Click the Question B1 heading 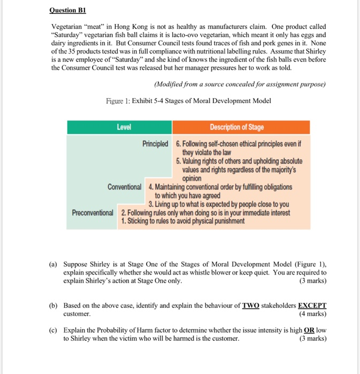point(67,10)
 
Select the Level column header point(124,127)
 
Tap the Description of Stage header point(236,127)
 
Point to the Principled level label point(155,144)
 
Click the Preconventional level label point(93,213)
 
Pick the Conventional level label point(124,187)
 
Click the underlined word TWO point(250,306)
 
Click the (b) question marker point(53,306)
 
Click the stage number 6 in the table point(178,144)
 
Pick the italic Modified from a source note point(239,84)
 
